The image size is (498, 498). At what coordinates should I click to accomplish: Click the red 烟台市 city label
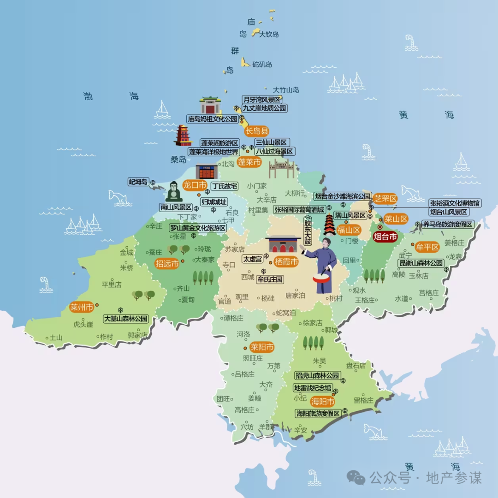click(x=385, y=237)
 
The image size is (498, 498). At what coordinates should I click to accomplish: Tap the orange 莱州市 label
click(x=82, y=307)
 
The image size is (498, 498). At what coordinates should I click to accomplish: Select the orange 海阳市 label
click(x=323, y=401)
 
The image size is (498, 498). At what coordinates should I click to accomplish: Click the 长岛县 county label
click(x=256, y=131)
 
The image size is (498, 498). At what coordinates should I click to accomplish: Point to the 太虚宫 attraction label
click(x=253, y=259)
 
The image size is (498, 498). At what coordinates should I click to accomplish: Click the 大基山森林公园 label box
click(x=126, y=319)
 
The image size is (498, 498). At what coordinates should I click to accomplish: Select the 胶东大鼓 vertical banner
click(x=308, y=231)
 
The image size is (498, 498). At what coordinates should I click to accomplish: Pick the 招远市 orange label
click(x=166, y=264)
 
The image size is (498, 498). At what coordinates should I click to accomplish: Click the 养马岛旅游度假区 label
click(x=448, y=225)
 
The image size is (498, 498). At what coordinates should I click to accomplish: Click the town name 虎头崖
click(x=83, y=324)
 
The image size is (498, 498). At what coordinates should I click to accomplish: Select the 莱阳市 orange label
click(x=261, y=347)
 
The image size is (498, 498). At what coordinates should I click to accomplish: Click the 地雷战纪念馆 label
click(x=313, y=387)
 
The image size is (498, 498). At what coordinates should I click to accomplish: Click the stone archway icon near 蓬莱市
click(x=281, y=169)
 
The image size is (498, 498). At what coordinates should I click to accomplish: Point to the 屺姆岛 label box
click(x=138, y=182)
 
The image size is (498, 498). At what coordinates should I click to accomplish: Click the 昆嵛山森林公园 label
click(x=421, y=263)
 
